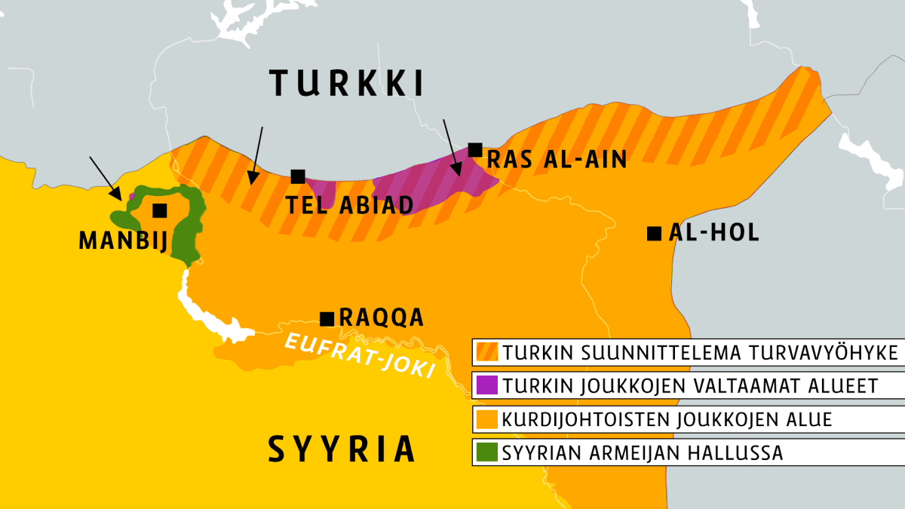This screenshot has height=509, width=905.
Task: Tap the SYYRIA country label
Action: [342, 449]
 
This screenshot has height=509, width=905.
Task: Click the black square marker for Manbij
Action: [159, 210]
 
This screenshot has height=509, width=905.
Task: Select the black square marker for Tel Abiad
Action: [298, 176]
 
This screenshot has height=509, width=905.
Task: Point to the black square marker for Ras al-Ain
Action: [474, 149]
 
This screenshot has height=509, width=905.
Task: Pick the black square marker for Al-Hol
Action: [654, 233]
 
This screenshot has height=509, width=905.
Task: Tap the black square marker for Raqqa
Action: [327, 318]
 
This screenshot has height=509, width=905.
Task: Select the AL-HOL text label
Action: [713, 233]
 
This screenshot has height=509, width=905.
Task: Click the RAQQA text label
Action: [382, 317]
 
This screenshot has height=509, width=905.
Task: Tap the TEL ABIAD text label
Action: [349, 205]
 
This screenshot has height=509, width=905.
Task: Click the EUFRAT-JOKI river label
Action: [358, 355]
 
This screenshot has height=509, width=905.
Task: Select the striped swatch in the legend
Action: [487, 352]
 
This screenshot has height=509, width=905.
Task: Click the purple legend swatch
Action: [487, 385]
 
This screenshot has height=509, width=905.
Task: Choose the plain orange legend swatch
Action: [487, 419]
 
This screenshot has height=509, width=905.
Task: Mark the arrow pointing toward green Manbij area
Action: [104, 178]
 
